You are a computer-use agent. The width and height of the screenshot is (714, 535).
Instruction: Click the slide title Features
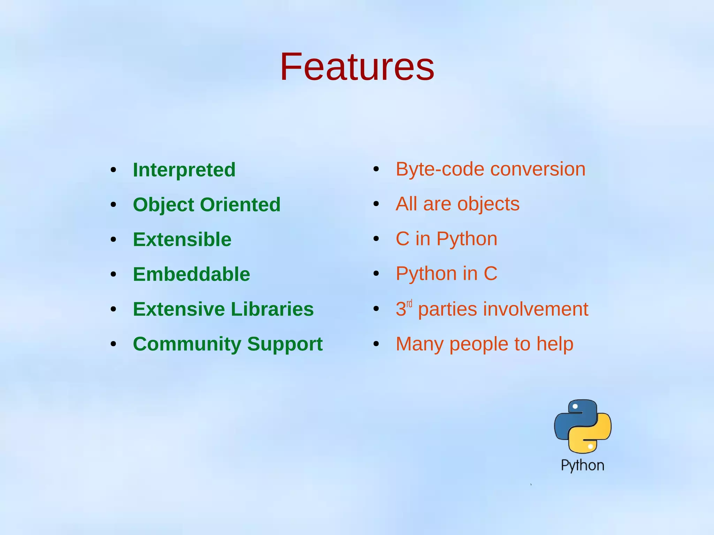(x=357, y=66)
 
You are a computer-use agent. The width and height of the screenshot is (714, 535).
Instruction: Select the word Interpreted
(x=184, y=170)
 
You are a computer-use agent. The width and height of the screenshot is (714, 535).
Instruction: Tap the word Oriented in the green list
(x=240, y=205)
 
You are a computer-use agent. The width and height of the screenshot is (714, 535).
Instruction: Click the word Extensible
(x=182, y=239)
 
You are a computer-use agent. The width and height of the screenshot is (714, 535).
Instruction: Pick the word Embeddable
(x=191, y=274)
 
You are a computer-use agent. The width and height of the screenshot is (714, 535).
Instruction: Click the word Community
(x=187, y=344)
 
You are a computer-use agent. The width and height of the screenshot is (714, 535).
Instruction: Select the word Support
(x=285, y=344)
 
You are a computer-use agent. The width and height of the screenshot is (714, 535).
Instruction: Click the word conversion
(x=538, y=170)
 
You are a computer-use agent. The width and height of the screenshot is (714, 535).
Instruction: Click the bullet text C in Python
(x=446, y=239)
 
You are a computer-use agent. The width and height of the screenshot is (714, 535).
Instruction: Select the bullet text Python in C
(x=446, y=274)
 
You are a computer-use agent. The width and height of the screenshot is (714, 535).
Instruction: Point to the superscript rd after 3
(x=409, y=304)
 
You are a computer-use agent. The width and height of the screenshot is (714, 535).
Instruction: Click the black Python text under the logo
(x=582, y=466)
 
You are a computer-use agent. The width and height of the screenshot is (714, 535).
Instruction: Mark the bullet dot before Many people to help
(x=376, y=344)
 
